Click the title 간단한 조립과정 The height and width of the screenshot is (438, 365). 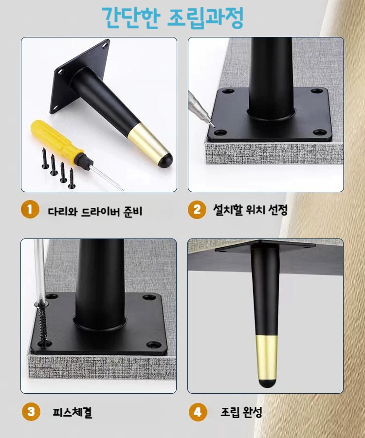pos(173,18)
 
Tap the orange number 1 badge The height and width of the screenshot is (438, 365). pos(30,209)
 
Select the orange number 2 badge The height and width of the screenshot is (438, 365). pos(197,209)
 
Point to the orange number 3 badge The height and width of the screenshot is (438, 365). pos(31,411)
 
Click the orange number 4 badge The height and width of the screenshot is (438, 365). pos(198,412)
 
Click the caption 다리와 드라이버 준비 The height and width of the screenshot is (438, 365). pos(95,211)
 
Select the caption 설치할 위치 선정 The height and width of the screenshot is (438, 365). pos(250,209)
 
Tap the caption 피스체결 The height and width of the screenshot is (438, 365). pos(73,412)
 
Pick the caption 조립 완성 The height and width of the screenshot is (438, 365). pos(241,412)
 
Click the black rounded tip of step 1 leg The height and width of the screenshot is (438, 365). pos(165,160)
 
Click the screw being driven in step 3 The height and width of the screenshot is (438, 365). pos(42,324)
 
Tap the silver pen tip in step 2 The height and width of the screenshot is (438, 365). pos(211,123)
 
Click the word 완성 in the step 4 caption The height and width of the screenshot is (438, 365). pos(252,412)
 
